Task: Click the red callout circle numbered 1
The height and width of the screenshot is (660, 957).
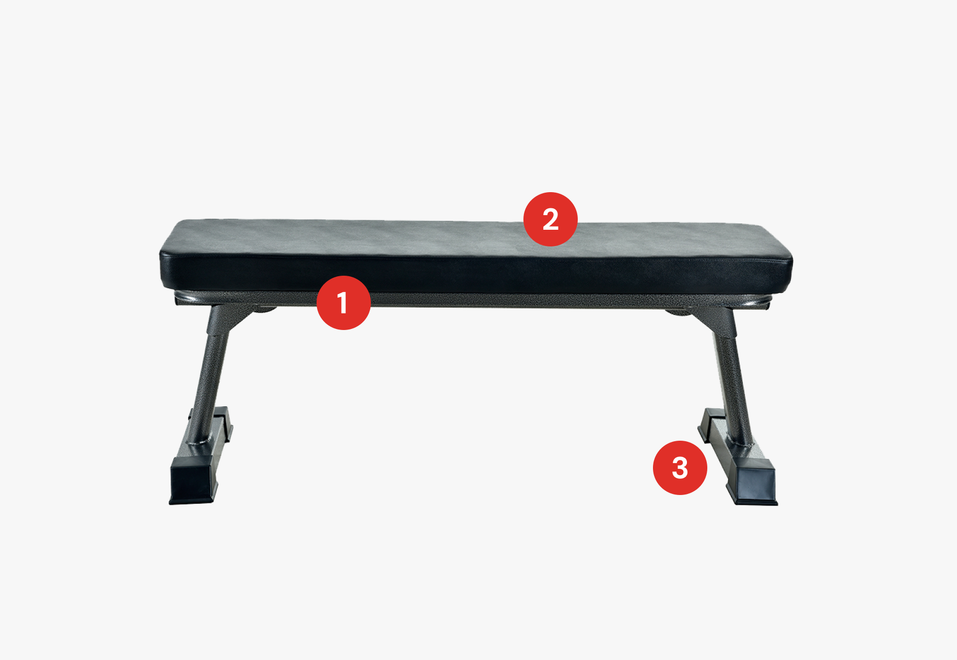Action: [344, 303]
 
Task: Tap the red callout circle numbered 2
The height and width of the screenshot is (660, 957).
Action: [551, 219]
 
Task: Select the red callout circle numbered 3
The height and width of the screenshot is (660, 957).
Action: [680, 468]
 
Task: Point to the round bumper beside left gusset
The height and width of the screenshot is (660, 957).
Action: [264, 310]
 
